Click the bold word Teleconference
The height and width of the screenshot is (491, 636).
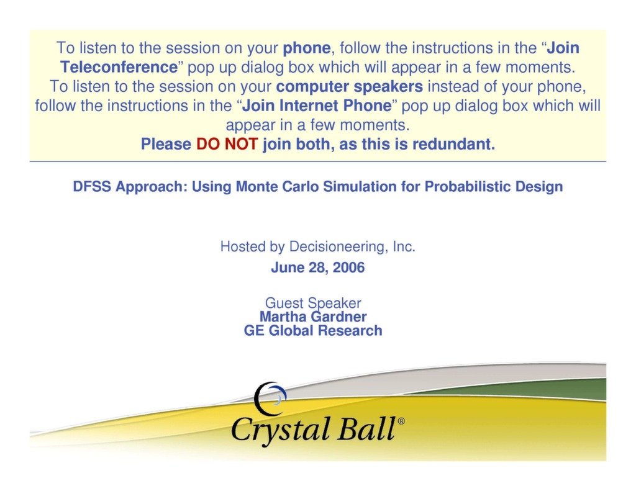click(119, 67)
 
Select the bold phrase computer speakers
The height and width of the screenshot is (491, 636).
click(350, 86)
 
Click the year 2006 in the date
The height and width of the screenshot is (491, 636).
click(348, 268)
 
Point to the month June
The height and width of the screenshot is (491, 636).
click(285, 268)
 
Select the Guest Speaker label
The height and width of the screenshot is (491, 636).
click(313, 304)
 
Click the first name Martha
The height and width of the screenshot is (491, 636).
click(281, 317)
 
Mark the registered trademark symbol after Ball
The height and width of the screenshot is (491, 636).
click(401, 421)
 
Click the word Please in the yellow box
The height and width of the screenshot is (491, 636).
click(166, 145)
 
